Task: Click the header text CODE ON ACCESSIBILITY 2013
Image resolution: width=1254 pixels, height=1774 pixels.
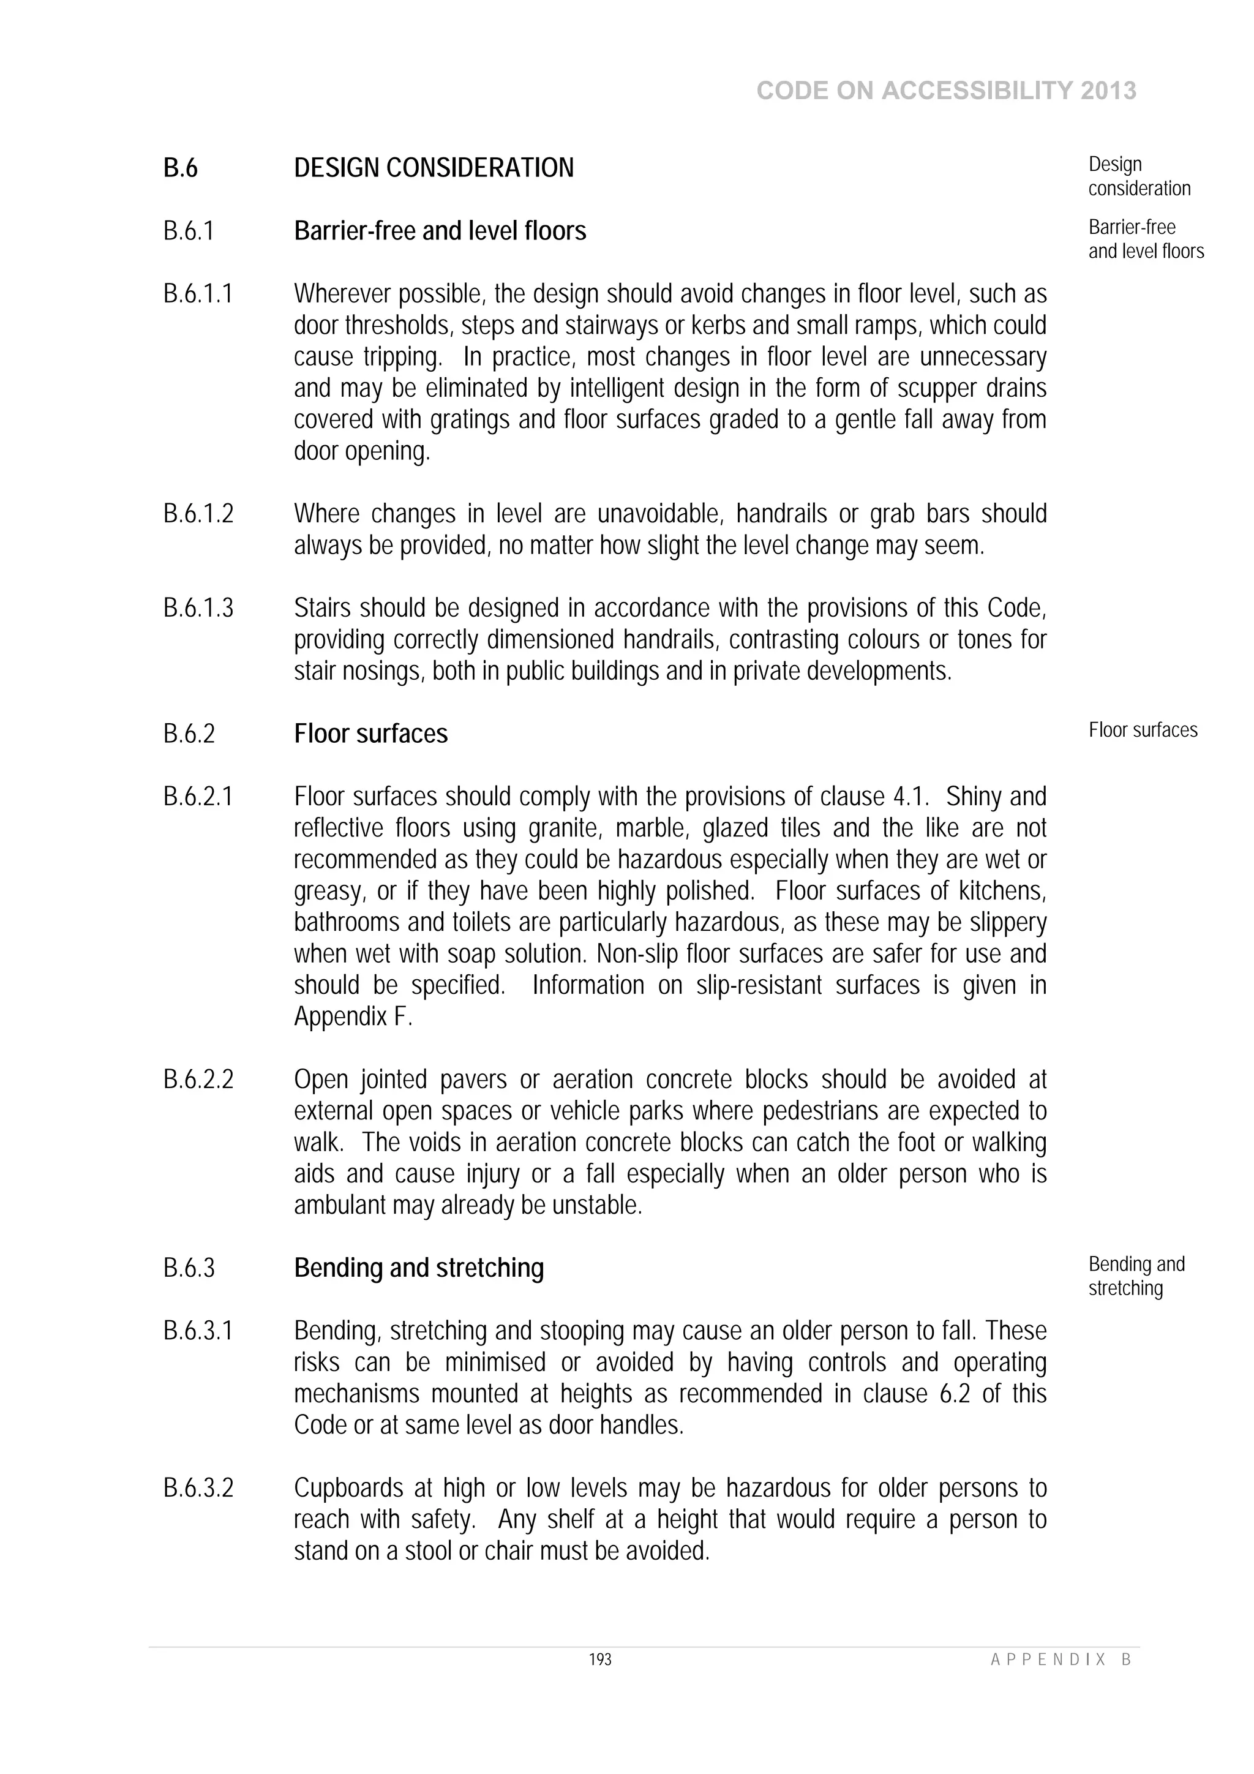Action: click(946, 91)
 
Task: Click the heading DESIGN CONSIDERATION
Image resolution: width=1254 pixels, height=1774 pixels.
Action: click(434, 168)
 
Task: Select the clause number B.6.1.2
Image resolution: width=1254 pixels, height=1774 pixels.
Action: click(198, 514)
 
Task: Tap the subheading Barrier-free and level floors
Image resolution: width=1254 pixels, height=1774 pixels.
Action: click(440, 231)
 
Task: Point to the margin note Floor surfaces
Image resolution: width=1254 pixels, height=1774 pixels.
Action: click(1142, 730)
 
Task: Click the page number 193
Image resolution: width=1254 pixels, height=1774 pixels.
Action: click(600, 1659)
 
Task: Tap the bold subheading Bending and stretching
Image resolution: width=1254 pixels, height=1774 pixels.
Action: click(419, 1268)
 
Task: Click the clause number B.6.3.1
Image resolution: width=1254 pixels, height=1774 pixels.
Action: click(198, 1331)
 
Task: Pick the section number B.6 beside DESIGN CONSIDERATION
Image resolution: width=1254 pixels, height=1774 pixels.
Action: click(180, 168)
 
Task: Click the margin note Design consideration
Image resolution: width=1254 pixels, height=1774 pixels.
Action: click(1138, 176)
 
